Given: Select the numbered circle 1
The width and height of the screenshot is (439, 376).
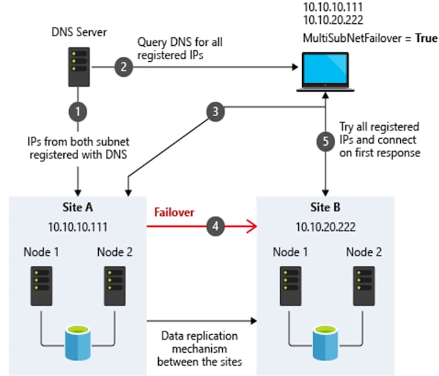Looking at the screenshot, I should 78,111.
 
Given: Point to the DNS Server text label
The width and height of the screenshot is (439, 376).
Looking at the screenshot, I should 77,31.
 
